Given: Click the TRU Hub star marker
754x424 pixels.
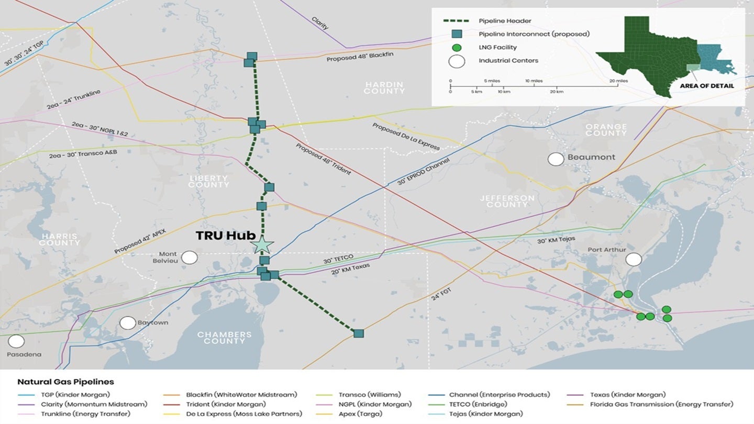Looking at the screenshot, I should (262, 244).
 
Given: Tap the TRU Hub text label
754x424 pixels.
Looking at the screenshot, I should (225, 236).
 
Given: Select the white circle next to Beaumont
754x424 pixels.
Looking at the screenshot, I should (556, 159).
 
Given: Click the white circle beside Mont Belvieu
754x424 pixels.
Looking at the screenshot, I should (190, 257).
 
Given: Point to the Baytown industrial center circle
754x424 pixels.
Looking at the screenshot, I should (128, 323).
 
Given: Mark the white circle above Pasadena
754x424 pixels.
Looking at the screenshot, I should (16, 341).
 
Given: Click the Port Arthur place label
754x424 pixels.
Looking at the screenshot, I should (606, 250).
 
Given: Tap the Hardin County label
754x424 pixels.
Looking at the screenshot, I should (385, 87).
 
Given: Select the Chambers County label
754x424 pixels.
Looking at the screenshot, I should (224, 338).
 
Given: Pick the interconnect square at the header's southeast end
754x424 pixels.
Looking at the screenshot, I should (359, 333).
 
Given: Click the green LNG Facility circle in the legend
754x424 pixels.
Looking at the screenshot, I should (457, 48).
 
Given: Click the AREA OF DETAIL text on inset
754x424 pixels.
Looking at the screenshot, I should (707, 86).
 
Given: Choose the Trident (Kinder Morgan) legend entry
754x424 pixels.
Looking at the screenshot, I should (226, 404).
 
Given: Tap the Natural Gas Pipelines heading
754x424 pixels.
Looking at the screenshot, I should (65, 382).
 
